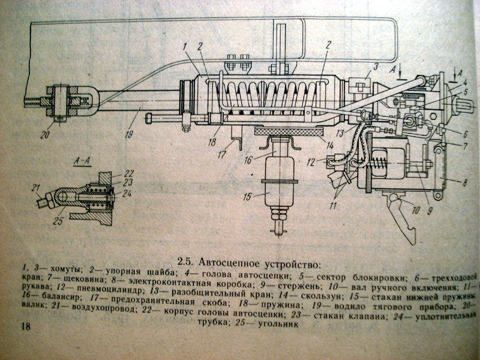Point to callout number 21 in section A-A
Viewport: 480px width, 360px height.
(35, 187)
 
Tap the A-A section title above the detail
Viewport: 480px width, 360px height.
(79, 162)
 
